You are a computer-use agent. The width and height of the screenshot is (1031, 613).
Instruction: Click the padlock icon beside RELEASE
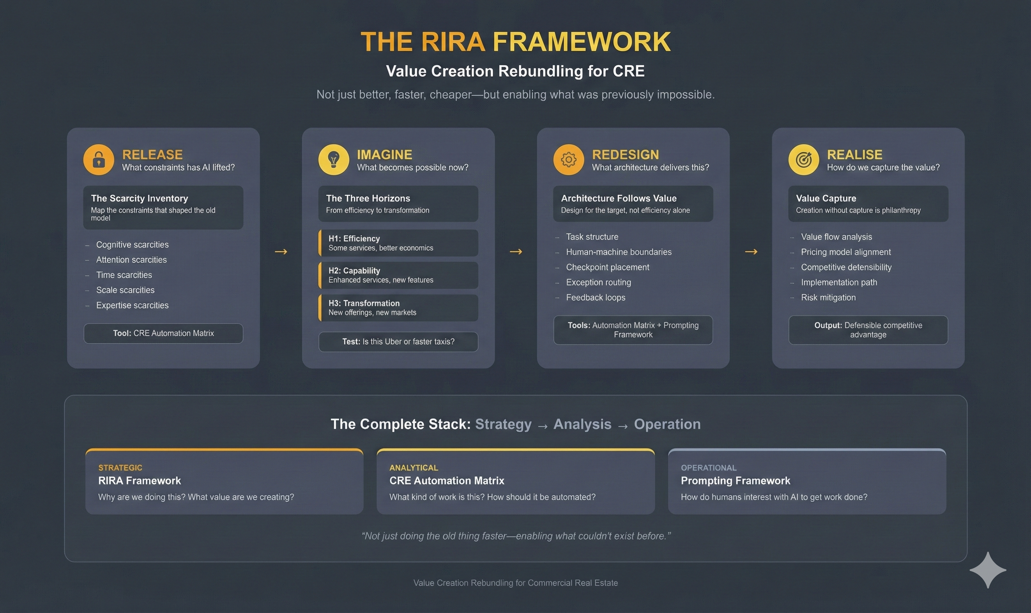(99, 159)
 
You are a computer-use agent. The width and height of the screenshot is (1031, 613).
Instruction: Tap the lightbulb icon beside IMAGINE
(334, 159)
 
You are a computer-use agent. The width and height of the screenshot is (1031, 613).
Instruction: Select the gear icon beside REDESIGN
(568, 159)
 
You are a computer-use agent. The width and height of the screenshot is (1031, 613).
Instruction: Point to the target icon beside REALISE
(803, 159)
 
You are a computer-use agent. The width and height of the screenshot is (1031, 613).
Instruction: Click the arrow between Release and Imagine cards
(281, 252)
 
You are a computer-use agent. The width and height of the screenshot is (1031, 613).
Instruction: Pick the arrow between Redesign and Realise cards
(751, 252)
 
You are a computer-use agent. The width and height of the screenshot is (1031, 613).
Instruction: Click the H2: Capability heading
(354, 271)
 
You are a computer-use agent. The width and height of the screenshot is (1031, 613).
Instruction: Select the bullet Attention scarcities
(131, 260)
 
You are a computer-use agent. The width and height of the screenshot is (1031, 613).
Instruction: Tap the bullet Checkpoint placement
(607, 267)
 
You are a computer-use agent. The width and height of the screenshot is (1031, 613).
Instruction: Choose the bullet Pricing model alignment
(845, 252)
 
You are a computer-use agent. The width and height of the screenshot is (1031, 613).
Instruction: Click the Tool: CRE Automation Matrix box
(163, 333)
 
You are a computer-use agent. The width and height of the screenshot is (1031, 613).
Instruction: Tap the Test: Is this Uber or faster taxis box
(398, 342)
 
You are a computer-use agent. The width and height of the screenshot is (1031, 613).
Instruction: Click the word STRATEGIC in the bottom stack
(120, 468)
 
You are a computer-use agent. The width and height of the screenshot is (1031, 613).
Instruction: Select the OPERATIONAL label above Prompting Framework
(709, 468)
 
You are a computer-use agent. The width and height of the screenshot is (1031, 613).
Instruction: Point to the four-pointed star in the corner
(988, 570)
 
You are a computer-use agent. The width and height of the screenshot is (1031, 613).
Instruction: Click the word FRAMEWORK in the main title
(581, 42)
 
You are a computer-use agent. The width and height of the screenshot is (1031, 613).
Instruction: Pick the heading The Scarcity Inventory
(139, 198)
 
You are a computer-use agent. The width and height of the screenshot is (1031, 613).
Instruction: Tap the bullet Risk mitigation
(828, 297)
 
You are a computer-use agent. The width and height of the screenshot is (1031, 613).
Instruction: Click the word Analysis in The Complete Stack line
(582, 424)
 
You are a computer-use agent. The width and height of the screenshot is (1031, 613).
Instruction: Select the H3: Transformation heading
(364, 303)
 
